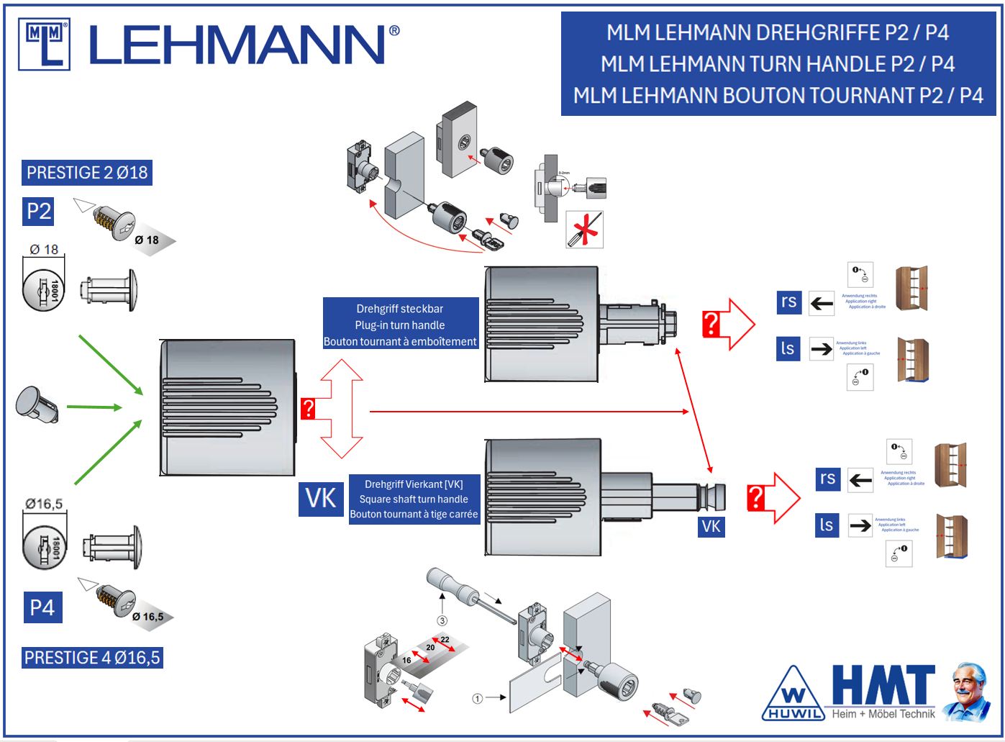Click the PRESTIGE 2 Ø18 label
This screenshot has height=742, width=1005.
coord(87,173)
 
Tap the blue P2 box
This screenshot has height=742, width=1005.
coord(39,211)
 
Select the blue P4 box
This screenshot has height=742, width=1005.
coord(42,607)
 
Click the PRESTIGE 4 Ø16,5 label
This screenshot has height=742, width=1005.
coord(92,658)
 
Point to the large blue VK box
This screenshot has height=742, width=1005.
coord(321,498)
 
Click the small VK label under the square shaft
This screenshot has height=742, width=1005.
coord(711,526)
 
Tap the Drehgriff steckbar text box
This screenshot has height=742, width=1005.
coord(400,325)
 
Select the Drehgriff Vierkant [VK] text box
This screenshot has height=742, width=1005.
coord(414,499)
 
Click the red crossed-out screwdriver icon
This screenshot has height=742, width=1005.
coord(584,230)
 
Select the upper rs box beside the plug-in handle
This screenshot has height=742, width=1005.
coord(788,302)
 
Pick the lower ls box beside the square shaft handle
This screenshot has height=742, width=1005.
coord(827,525)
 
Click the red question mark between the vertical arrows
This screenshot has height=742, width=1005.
coord(308,409)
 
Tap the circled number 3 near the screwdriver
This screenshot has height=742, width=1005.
coord(442,620)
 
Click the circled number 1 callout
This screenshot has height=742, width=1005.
coord(477,698)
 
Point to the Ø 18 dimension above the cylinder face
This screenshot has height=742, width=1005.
coord(45,250)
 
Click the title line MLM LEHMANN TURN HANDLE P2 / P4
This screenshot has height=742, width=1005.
coord(778,64)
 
